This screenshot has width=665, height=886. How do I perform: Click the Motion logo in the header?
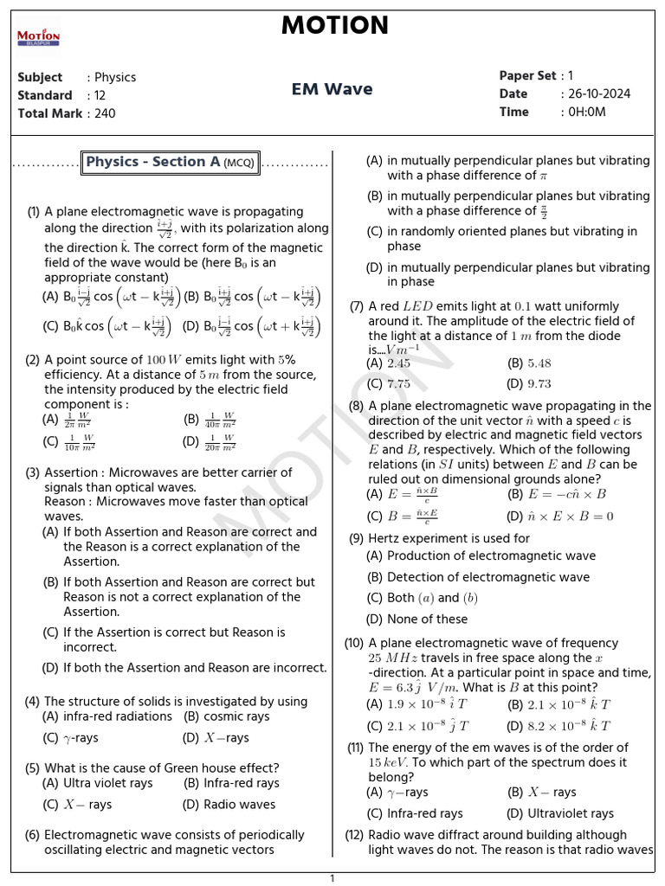pyautogui.click(x=38, y=37)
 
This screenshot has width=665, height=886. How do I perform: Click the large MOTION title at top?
pyautogui.click(x=334, y=26)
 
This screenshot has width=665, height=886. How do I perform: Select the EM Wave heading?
pyautogui.click(x=332, y=89)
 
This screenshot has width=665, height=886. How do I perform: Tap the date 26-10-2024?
pyautogui.click(x=598, y=94)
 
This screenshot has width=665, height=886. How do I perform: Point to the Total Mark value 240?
pyautogui.click(x=105, y=113)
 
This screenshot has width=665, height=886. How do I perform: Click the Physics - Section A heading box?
pyautogui.click(x=171, y=162)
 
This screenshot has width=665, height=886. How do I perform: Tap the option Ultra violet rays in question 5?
pyautogui.click(x=107, y=783)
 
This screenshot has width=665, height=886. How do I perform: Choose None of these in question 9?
pyautogui.click(x=427, y=620)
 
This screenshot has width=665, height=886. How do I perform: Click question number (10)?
pyautogui.click(x=354, y=643)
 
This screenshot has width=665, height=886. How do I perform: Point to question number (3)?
pyautogui.click(x=33, y=473)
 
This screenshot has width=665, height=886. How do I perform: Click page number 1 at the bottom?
pyautogui.click(x=332, y=878)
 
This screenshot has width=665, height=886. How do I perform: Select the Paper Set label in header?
pyautogui.click(x=527, y=76)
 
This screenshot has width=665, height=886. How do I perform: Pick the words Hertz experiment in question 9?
pyautogui.click(x=418, y=538)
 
